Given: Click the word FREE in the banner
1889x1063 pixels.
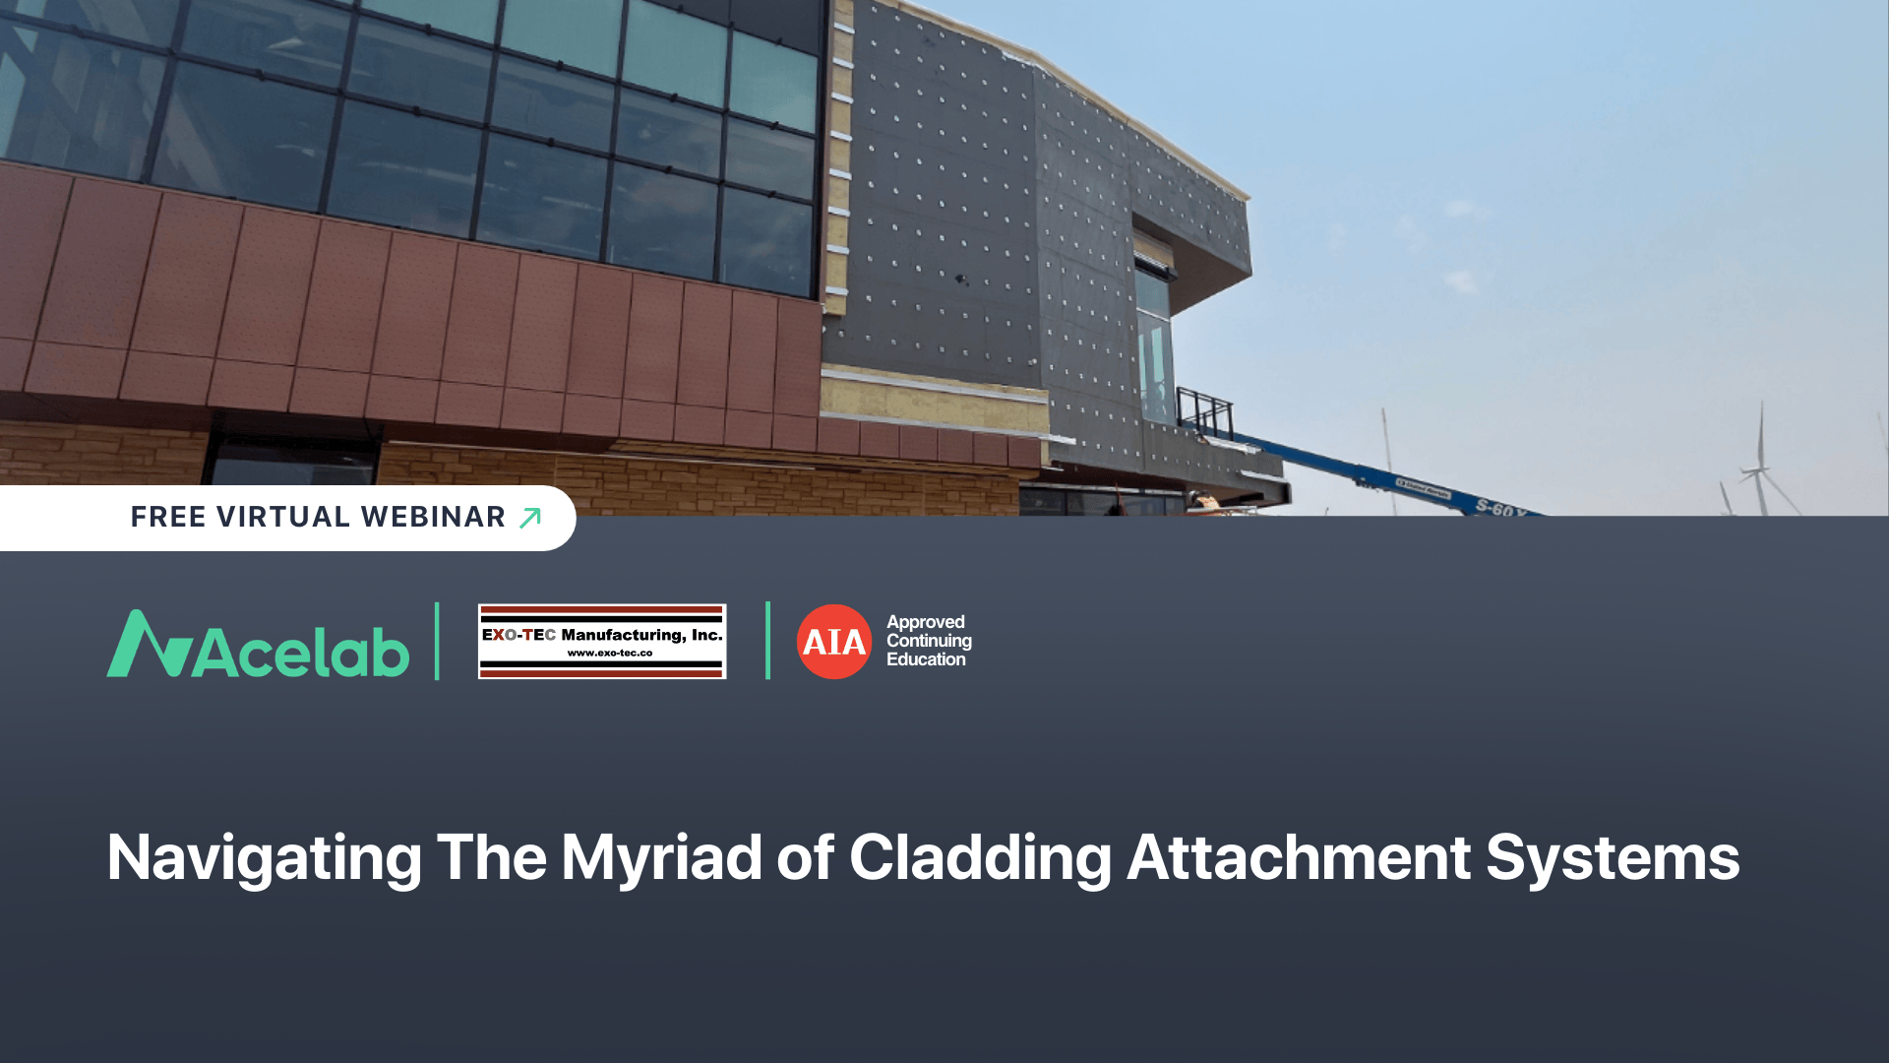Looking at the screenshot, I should tap(168, 517).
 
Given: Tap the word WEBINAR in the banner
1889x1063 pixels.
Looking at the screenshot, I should tap(433, 517).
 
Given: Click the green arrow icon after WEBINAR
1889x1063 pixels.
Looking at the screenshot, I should tap(530, 518).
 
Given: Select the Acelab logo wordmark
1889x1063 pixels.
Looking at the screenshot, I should tap(301, 652).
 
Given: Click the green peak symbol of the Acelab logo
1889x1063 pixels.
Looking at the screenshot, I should tap(149, 645).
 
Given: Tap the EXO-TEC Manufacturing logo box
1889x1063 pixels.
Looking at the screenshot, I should tap(602, 641).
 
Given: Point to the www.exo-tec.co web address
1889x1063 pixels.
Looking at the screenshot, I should tap(609, 653).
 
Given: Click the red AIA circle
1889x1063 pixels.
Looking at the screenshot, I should tap(833, 642).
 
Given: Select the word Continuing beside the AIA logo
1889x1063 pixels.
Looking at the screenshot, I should tap(929, 641).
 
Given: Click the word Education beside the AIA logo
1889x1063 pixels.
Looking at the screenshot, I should tap(926, 659).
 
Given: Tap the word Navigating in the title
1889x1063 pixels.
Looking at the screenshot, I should tap(264, 858).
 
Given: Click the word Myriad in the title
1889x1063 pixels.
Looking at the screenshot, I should tap(661, 858).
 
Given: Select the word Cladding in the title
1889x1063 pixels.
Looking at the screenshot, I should tap(980, 858).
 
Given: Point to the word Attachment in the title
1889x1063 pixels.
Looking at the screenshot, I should tap(1298, 858).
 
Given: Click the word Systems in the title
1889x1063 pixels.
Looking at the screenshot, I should tap(1613, 858).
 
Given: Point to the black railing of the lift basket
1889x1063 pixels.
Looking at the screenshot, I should tap(1205, 411).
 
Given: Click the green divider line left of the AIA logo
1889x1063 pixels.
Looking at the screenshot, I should tap(767, 641).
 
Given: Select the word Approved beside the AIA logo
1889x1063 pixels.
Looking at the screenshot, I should tap(925, 622).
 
